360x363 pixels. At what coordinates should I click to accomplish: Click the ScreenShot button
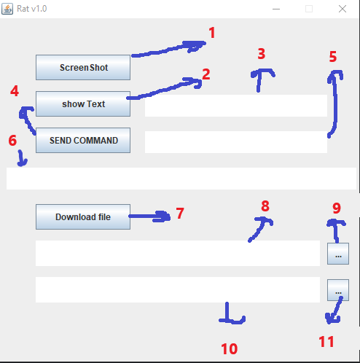(83, 68)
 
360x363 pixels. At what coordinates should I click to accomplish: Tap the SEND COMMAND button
(83, 141)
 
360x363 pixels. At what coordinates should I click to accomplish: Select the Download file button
(83, 216)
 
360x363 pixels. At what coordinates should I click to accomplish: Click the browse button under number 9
(338, 254)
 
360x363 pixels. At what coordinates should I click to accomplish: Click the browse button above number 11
(338, 290)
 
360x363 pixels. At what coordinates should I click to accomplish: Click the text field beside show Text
(235, 106)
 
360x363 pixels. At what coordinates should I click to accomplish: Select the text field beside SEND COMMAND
(235, 142)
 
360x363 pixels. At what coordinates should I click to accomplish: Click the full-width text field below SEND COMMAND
(180, 179)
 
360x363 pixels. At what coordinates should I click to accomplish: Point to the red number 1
(212, 33)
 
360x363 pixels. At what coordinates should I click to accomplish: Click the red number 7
(179, 214)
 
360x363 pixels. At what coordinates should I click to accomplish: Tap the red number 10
(229, 349)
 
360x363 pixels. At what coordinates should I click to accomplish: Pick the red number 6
(12, 141)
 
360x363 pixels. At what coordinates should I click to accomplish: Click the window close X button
(343, 9)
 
